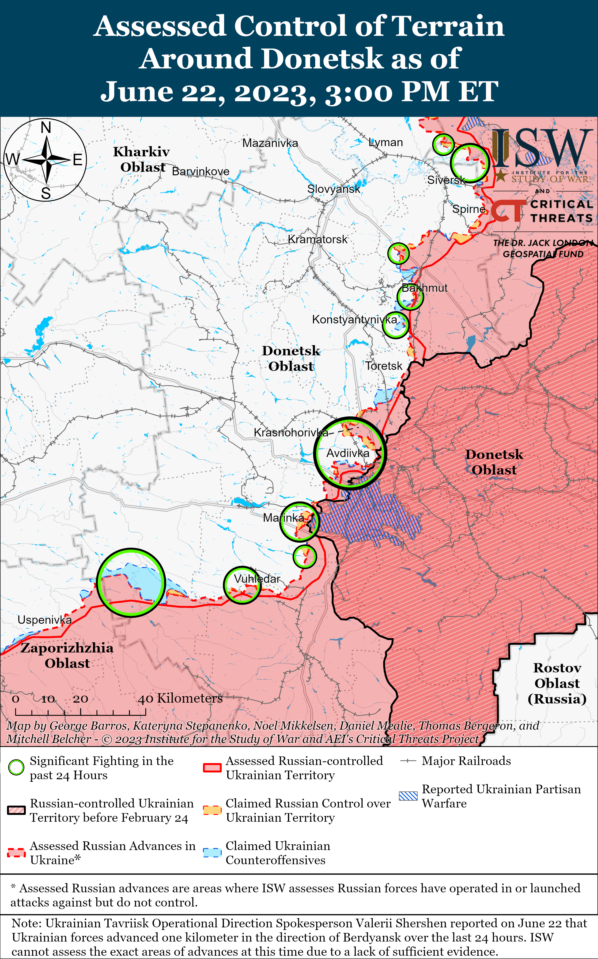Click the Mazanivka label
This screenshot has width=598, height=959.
click(x=270, y=143)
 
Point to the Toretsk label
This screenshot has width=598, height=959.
click(x=383, y=366)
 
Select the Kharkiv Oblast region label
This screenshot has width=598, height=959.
click(x=142, y=159)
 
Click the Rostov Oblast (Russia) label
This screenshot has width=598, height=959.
click(x=557, y=683)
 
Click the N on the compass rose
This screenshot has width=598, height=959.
click(x=46, y=128)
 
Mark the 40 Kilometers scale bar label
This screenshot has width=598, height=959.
click(x=180, y=698)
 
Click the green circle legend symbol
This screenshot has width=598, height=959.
click(x=16, y=767)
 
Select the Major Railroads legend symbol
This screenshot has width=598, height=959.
click(x=408, y=761)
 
